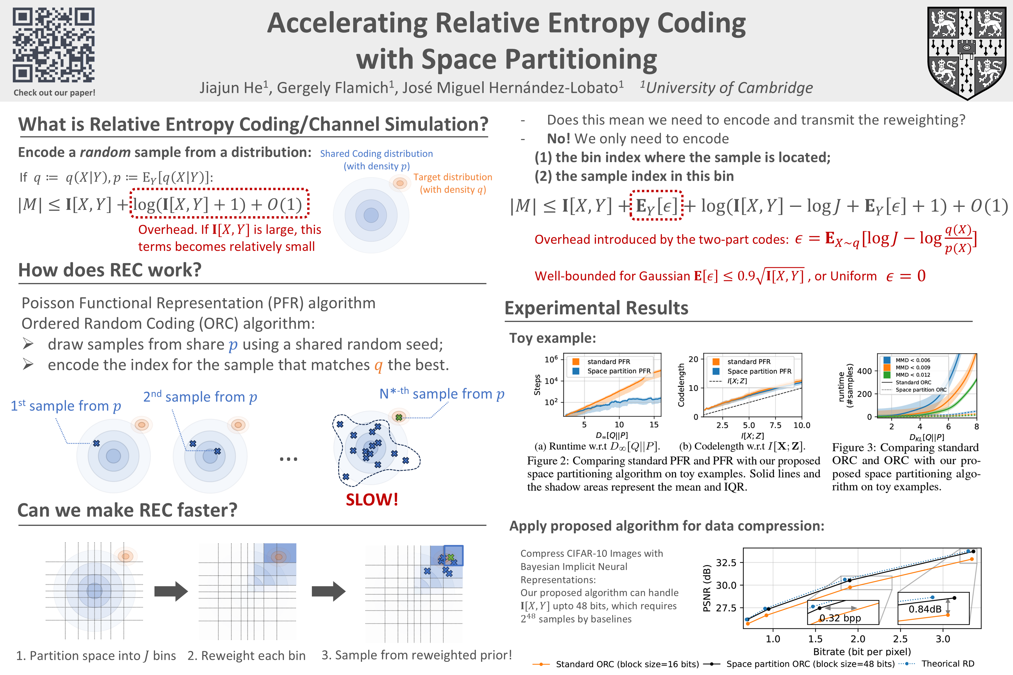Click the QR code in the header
[54, 45]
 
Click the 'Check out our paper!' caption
[54, 93]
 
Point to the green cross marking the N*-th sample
[399, 417]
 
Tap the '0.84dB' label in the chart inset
[925, 609]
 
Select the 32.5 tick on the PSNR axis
[726, 562]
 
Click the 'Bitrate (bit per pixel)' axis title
[862, 652]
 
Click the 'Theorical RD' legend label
[948, 664]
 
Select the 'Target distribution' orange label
[453, 177]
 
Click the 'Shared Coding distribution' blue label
[376, 154]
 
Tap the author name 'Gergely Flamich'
[332, 88]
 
